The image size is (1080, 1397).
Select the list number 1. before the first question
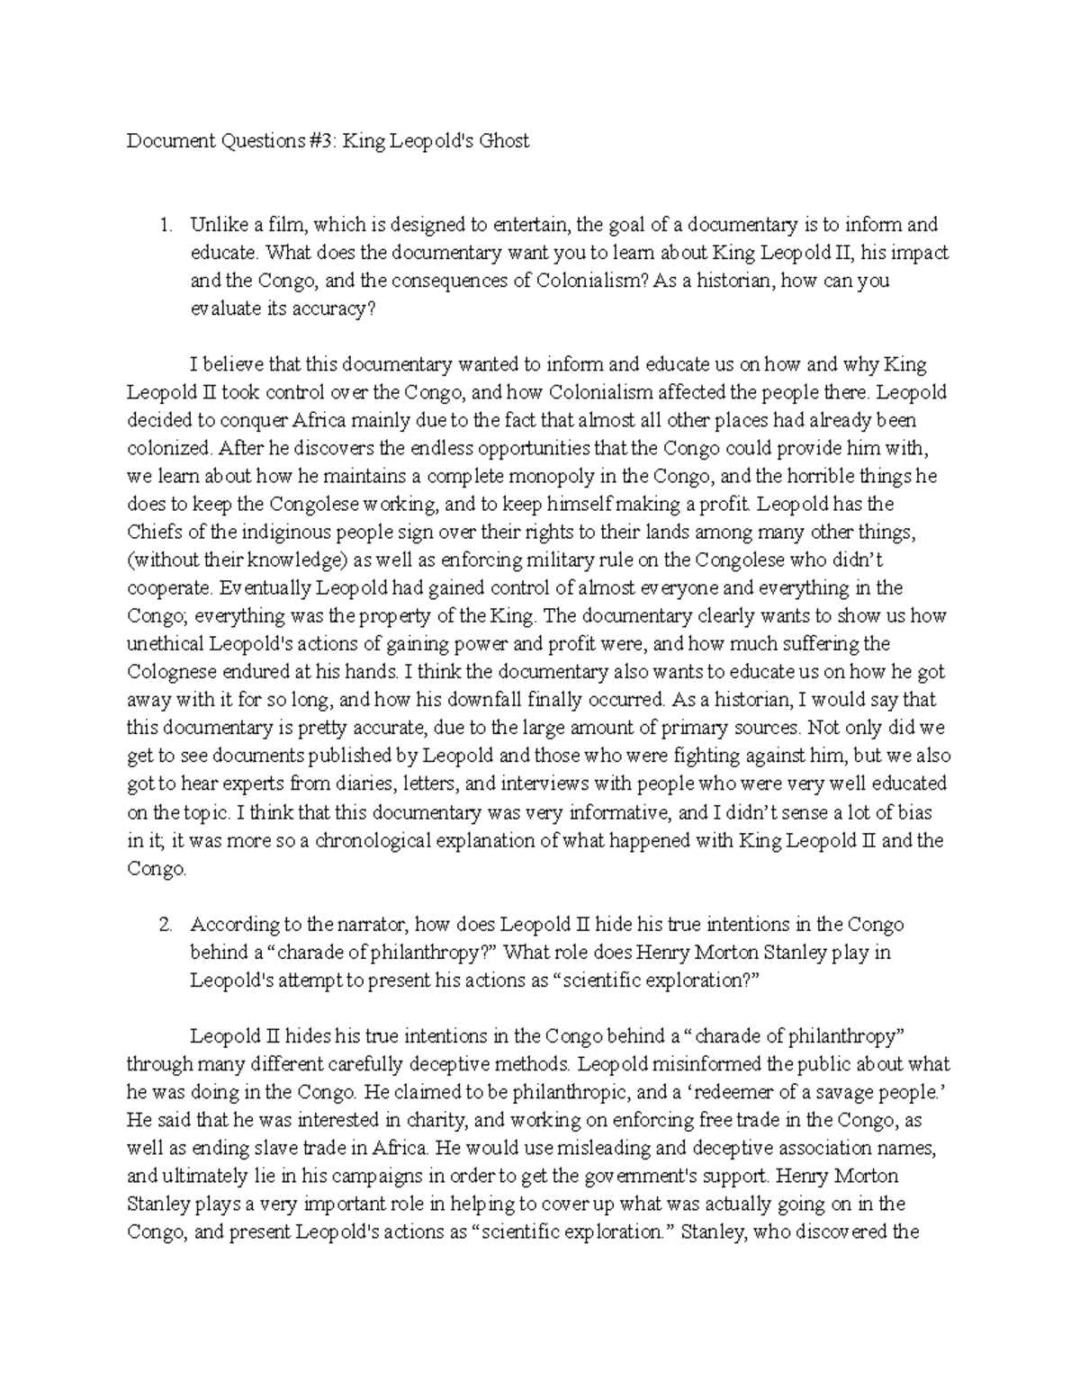(165, 225)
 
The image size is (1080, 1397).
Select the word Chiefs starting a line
(152, 532)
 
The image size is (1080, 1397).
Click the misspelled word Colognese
(168, 672)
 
